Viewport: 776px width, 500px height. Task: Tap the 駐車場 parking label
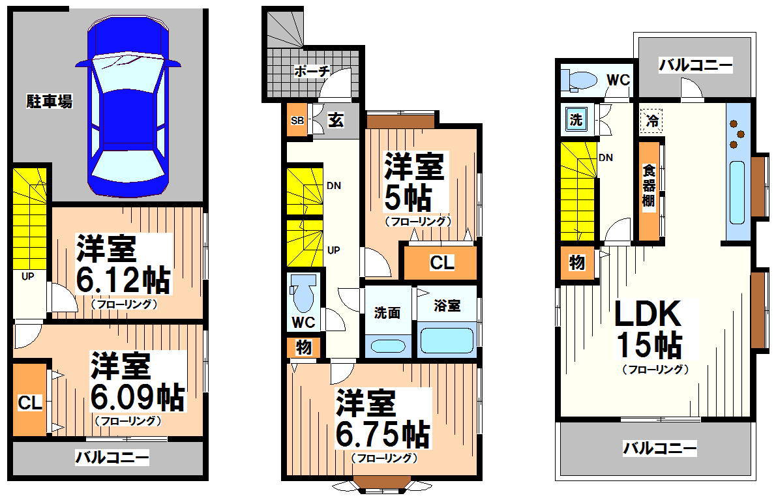click(x=49, y=101)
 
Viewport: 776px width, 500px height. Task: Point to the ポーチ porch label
click(x=311, y=71)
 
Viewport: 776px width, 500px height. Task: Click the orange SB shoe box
click(x=297, y=121)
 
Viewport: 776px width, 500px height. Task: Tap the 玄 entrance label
click(x=336, y=121)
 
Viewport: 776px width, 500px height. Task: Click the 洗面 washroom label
click(x=387, y=312)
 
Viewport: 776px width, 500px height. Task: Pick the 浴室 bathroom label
click(x=447, y=305)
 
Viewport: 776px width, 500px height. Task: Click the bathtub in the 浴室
click(x=447, y=340)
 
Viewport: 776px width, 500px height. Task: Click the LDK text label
click(x=648, y=316)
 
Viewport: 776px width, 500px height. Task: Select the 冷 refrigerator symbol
click(x=651, y=120)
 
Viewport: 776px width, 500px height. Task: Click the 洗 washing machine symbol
click(x=576, y=120)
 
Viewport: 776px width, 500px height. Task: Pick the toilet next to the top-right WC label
click(x=580, y=80)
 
